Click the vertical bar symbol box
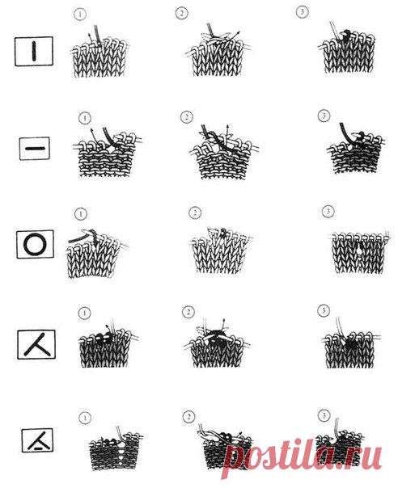(34, 52)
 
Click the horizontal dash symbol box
(35, 149)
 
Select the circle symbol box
(35, 244)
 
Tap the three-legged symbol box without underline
(36, 344)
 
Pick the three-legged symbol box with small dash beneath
(37, 440)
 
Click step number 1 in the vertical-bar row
(79, 15)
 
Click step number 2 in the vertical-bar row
(181, 14)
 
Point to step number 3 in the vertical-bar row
(302, 12)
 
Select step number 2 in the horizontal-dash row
(186, 117)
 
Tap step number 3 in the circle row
(328, 212)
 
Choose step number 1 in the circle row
(81, 214)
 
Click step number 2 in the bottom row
(188, 417)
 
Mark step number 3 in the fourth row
(324, 310)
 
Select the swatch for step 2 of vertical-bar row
(218, 50)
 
